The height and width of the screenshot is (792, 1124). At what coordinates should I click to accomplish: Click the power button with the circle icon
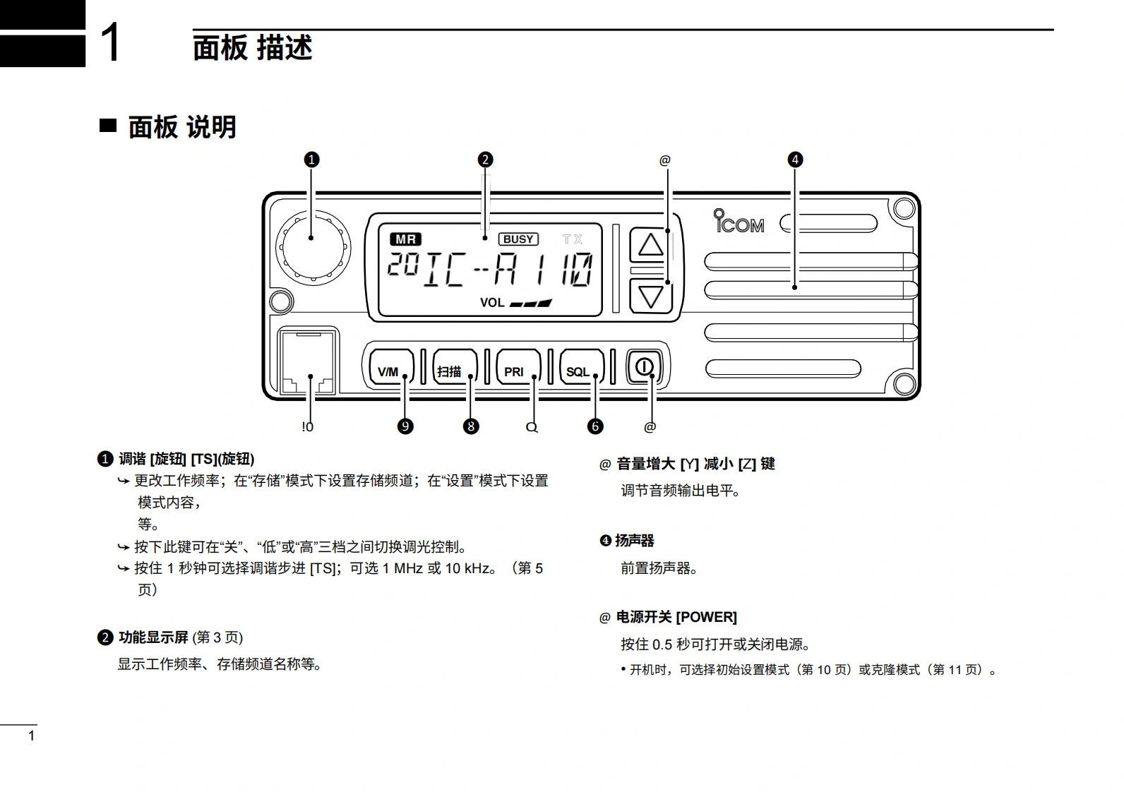click(x=645, y=367)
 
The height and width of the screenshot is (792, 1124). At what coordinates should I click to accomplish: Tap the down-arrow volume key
click(x=650, y=295)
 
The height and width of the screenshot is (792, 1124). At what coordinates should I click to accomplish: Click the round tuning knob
click(x=313, y=247)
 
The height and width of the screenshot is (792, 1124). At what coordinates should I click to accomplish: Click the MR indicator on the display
click(x=405, y=239)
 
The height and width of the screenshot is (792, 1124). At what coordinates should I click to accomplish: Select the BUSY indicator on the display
click(x=518, y=239)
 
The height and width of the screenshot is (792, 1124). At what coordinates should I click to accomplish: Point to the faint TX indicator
click(x=573, y=239)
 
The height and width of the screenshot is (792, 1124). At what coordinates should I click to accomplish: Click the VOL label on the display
click(x=492, y=303)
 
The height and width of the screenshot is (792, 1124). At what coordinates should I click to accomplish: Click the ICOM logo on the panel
click(x=739, y=222)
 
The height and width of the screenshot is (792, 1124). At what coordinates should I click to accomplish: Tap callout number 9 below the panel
click(x=405, y=426)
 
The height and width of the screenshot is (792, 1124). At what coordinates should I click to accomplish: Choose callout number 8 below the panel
click(x=471, y=426)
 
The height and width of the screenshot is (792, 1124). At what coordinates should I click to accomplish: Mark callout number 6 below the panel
click(x=595, y=426)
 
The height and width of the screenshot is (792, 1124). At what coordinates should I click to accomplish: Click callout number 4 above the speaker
click(x=795, y=160)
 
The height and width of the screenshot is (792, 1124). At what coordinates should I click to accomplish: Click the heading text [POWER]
click(x=706, y=618)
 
